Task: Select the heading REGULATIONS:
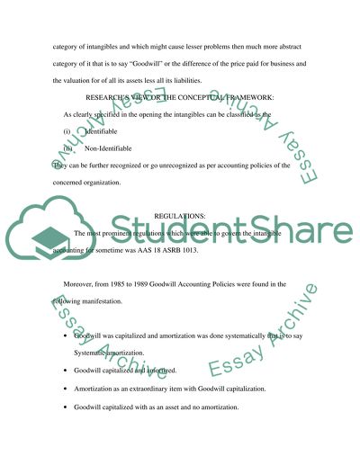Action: [180, 217]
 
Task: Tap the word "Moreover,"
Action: [82, 283]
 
